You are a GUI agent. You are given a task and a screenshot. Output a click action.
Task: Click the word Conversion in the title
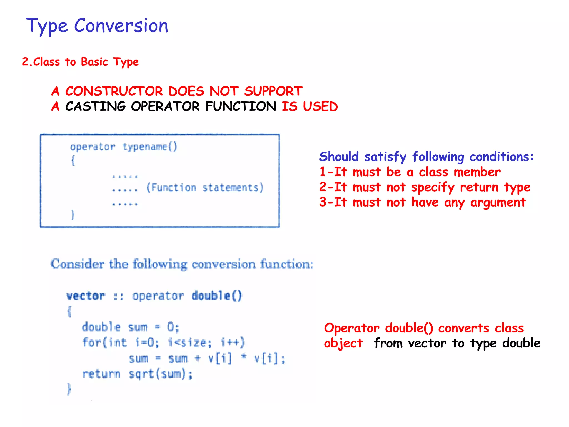coord(121,26)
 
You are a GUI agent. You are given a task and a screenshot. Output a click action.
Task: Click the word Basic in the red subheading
coord(94,62)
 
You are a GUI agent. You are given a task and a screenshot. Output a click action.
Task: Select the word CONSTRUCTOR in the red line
coord(114,91)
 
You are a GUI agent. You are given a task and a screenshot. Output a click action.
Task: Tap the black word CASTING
coord(95,106)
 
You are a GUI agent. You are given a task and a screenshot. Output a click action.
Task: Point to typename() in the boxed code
coord(150,147)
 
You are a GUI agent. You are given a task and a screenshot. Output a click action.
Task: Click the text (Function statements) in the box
coord(204,188)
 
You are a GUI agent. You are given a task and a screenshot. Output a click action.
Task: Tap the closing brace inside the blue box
coord(73,215)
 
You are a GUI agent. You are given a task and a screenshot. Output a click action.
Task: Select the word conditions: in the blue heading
coord(501,157)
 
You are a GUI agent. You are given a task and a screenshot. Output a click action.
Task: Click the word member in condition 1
coord(477,172)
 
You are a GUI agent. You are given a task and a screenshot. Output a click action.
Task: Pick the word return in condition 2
coord(479,187)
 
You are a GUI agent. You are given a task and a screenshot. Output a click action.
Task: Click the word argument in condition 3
coord(498,202)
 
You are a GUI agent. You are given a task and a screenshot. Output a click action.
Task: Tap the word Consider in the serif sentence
coord(78,264)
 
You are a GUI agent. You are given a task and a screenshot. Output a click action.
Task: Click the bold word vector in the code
coord(86,296)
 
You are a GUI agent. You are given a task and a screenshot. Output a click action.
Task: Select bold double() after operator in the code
coord(217,296)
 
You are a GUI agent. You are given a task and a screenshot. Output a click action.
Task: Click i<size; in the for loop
coord(190,342)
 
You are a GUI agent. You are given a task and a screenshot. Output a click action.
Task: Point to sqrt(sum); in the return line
coord(160,374)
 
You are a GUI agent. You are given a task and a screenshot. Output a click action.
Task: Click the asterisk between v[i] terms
coord(243,358)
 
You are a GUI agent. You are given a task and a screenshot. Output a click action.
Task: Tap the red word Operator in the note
coord(351,328)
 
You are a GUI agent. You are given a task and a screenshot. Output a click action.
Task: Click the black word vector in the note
coord(427,343)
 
